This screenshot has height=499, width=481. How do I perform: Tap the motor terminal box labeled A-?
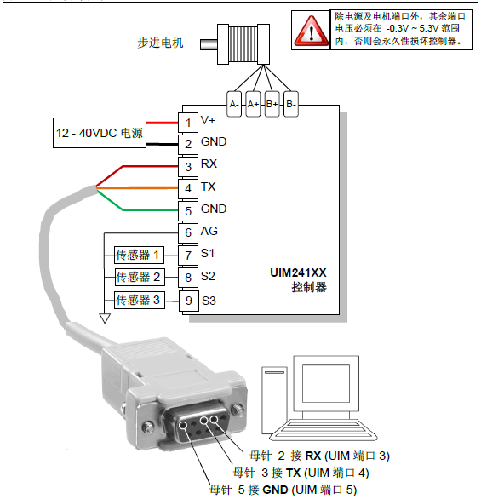pos(234,103)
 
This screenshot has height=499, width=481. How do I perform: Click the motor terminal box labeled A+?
pos(253,103)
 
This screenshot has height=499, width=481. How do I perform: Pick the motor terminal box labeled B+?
pos(272,103)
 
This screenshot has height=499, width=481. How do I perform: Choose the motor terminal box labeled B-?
pos(291,103)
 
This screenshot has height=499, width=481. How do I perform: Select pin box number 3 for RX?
pos(188,165)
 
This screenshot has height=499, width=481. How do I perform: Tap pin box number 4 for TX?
pos(188,187)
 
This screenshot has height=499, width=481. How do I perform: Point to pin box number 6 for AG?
pos(188,232)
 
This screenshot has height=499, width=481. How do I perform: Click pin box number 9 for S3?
pos(188,300)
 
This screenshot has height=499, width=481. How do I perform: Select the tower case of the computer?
pos(274,400)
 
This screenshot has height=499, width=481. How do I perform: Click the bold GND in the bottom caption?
pos(276,490)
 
